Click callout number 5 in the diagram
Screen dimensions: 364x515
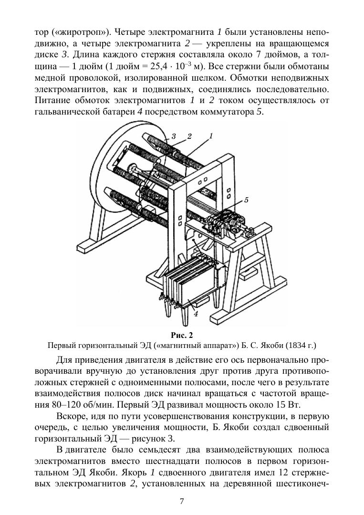coord(246,200)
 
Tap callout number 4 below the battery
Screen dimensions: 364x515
coord(196,314)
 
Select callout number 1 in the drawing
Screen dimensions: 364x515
coord(211,136)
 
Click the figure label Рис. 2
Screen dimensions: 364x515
coord(182,335)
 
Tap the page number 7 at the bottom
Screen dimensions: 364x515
coord(182,501)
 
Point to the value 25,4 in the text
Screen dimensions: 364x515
coord(159,66)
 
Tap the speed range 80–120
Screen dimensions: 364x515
coord(65,404)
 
